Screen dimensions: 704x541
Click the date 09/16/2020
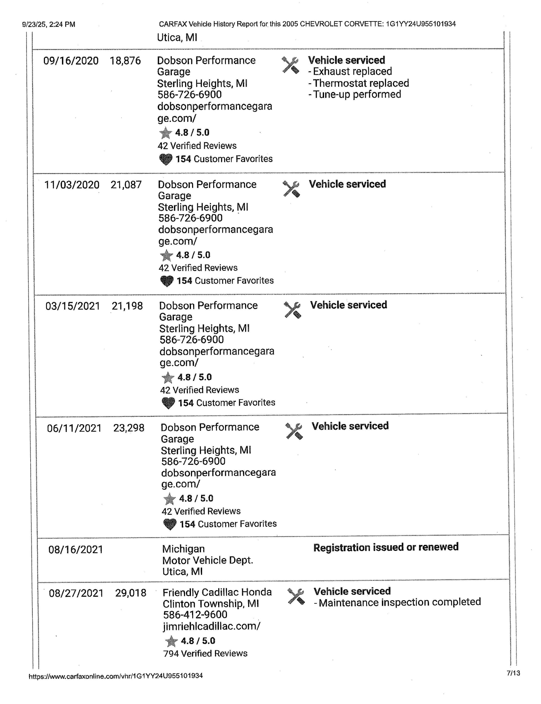point(71,61)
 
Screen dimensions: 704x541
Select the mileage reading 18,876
point(125,61)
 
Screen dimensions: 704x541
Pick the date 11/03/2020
point(72,185)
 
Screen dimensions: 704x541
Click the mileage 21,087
point(126,185)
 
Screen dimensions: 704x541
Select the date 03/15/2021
point(73,306)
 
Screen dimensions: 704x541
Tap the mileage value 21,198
point(127,306)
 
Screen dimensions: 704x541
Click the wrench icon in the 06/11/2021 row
point(294,431)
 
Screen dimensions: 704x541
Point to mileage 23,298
point(129,428)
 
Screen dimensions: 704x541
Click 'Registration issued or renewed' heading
point(386,547)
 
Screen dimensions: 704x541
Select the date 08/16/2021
point(76,550)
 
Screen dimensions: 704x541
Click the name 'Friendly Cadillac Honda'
point(217,592)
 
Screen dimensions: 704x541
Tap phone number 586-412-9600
point(195,615)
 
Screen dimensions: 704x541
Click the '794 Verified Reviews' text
point(206,653)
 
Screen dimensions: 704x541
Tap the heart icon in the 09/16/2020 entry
point(166,159)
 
